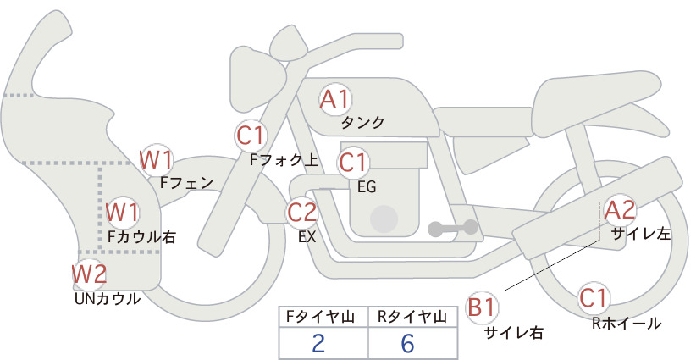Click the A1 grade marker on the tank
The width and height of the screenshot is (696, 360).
click(x=335, y=99)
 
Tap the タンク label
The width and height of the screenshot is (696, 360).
click(x=362, y=122)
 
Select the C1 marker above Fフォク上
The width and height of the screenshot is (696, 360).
click(x=251, y=136)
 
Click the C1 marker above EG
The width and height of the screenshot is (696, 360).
click(x=353, y=163)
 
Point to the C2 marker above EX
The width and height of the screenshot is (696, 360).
click(x=302, y=212)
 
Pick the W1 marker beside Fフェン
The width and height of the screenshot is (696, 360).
click(x=156, y=160)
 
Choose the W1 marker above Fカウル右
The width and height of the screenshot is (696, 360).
click(x=123, y=212)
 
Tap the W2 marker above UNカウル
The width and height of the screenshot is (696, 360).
click(x=90, y=274)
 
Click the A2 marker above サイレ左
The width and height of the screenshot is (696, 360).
click(x=621, y=210)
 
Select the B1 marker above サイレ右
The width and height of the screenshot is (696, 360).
click(x=482, y=307)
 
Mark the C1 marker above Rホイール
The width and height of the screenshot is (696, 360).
click(x=594, y=298)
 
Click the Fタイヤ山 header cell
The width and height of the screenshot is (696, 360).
click(x=323, y=317)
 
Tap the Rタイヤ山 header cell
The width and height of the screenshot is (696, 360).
click(x=412, y=317)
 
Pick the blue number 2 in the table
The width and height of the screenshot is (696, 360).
click(x=318, y=344)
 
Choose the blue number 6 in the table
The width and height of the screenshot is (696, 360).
click(x=407, y=344)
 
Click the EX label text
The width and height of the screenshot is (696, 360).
click(x=307, y=237)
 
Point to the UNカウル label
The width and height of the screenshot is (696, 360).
click(x=108, y=299)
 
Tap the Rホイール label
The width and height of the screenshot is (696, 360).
click(x=627, y=324)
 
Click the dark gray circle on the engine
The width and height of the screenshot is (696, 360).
click(x=384, y=219)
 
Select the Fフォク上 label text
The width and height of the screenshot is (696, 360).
click(x=284, y=160)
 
